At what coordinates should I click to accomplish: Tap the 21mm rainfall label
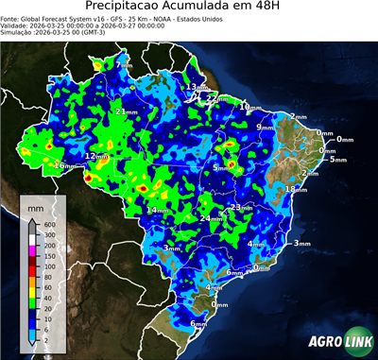point(122,111)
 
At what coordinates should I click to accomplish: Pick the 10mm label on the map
point(248,108)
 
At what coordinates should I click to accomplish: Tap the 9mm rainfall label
point(265,127)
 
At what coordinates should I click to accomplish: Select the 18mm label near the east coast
point(297,189)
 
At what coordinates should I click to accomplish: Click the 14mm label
point(157,209)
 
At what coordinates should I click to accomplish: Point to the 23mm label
point(241,207)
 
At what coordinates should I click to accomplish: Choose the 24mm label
point(211,218)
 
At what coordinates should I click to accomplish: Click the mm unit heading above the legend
point(35,205)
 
